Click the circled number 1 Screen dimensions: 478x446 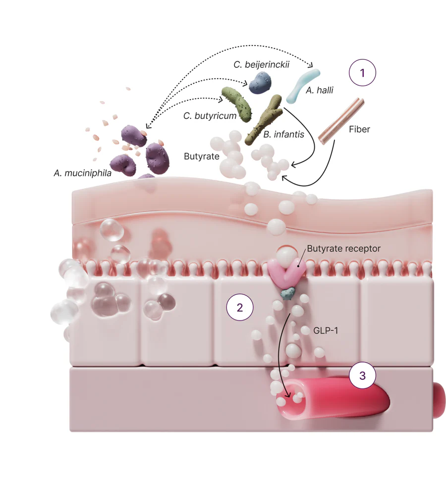pyautogui.click(x=362, y=73)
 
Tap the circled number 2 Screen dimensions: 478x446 pyautogui.click(x=240, y=308)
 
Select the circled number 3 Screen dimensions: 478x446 pyautogui.click(x=362, y=376)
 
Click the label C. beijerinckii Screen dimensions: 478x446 pyautogui.click(x=262, y=65)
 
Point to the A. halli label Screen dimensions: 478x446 pyautogui.click(x=320, y=91)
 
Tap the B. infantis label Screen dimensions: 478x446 pyautogui.click(x=283, y=134)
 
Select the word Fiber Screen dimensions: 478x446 pyautogui.click(x=359, y=129)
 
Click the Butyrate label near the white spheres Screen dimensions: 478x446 pyautogui.click(x=202, y=156)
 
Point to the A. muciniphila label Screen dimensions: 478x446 pyautogui.click(x=83, y=173)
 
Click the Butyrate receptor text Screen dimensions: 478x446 pyautogui.click(x=343, y=249)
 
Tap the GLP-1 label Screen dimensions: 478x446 pyautogui.click(x=326, y=330)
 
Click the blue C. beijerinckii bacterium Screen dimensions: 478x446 pyautogui.click(x=260, y=83)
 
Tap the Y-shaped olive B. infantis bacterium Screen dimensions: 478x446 pyautogui.click(x=265, y=119)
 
